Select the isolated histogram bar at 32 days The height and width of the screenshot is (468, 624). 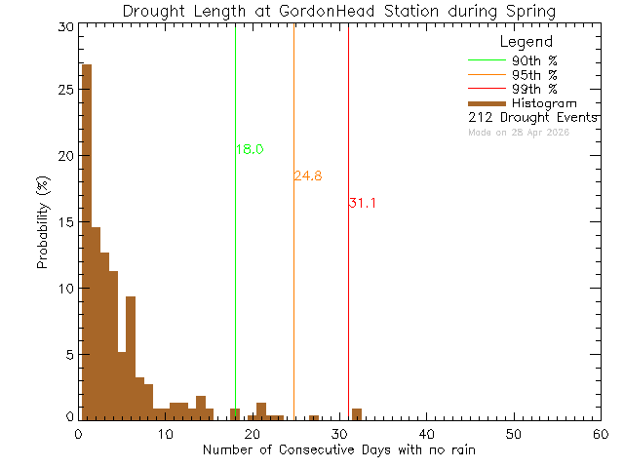coord(357,413)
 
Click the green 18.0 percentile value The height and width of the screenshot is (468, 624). coord(250,149)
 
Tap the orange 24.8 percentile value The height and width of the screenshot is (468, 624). coord(308,176)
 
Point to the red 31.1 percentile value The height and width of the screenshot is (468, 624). coord(362,203)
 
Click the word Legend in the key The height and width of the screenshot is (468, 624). coord(526,42)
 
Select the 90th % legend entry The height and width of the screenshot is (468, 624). coord(534,60)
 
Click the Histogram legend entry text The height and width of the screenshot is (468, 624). coord(544,102)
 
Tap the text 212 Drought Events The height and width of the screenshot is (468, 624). coord(532,117)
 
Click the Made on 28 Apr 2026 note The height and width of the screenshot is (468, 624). coord(519,132)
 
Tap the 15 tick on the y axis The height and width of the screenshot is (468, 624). coord(65,222)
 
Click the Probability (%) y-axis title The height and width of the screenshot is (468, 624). coord(44,222)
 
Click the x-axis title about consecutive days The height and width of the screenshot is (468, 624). coord(339,449)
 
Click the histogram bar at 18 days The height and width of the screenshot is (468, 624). coord(235,413)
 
